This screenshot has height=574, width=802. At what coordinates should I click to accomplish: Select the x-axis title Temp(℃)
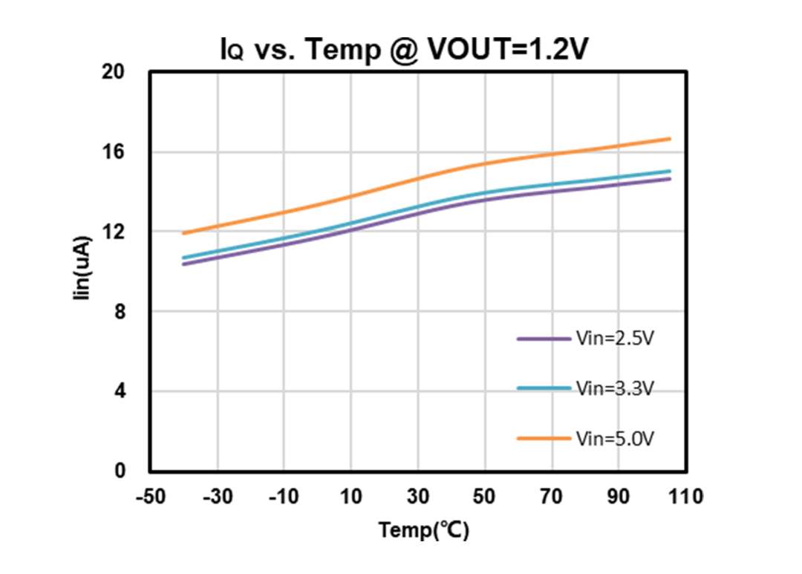coord(424,530)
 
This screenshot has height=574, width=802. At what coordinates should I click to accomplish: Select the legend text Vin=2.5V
coord(615,339)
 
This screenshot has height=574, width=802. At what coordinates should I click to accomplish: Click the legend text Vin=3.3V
coord(615,388)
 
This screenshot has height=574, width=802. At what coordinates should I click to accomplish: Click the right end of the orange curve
coord(670,139)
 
